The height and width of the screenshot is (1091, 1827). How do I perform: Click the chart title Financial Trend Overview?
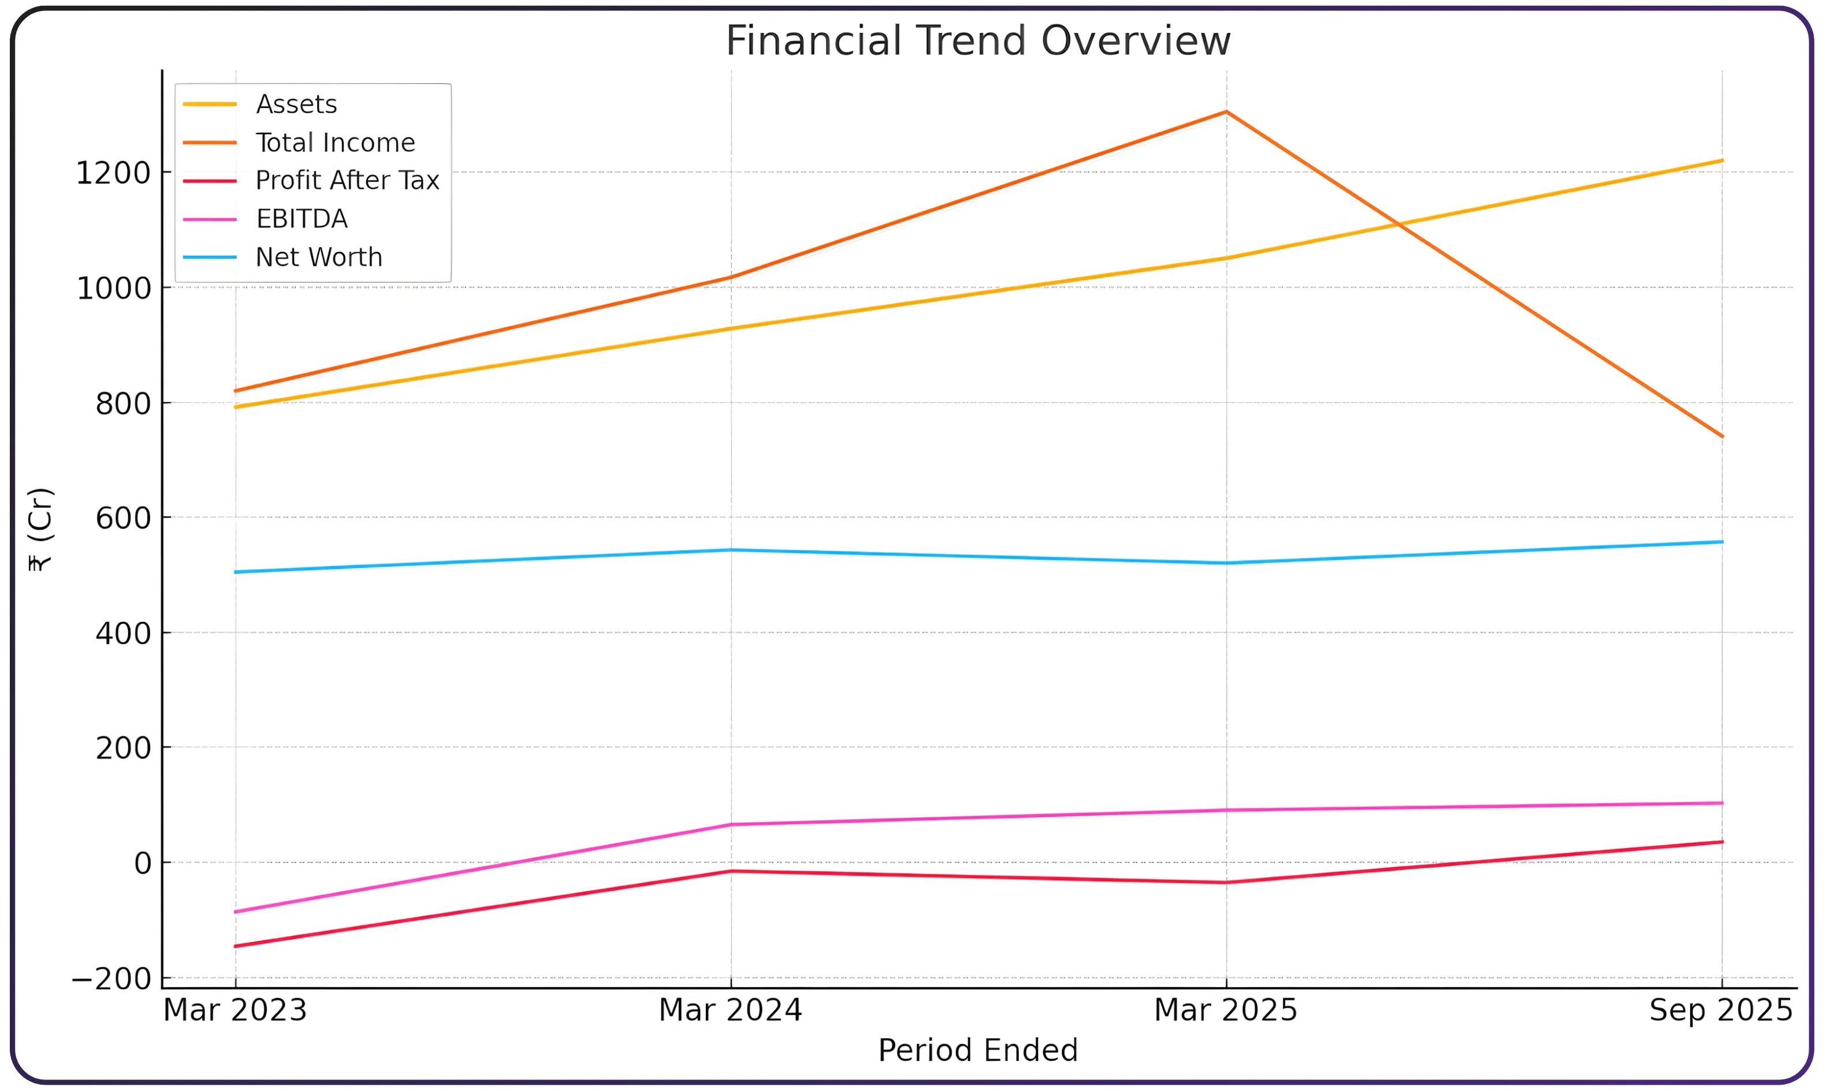(977, 40)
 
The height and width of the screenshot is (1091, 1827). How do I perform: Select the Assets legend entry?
(296, 104)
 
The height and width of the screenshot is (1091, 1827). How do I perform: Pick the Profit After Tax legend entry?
(347, 181)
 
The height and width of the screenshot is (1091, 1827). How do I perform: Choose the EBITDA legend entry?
(301, 219)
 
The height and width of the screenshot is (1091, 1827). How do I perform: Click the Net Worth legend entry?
(318, 257)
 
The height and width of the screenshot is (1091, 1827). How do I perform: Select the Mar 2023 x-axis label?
(235, 1010)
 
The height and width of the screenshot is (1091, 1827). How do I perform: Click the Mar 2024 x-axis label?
(730, 1010)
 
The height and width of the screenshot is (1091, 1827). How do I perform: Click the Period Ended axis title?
(977, 1050)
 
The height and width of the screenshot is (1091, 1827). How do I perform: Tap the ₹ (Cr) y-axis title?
(40, 529)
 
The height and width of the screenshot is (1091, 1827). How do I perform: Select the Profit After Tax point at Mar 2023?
(235, 946)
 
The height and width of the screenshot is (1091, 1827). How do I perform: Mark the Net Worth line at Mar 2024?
(730, 550)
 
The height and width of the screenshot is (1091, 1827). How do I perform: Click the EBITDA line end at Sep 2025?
(1721, 803)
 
